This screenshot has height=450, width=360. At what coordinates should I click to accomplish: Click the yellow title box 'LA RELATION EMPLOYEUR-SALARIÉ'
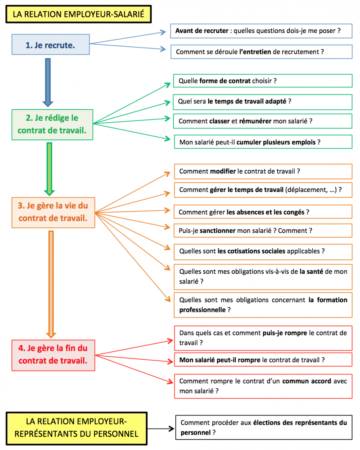coord(78,14)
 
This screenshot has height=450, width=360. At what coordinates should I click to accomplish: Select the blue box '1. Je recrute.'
coord(51,44)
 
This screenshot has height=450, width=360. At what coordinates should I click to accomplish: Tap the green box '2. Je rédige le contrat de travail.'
coord(52,124)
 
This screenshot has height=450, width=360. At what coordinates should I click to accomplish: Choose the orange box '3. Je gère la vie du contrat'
coord(53,212)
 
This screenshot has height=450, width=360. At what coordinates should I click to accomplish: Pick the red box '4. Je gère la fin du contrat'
coord(53,355)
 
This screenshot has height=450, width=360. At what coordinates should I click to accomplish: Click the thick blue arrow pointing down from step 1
coord(48,82)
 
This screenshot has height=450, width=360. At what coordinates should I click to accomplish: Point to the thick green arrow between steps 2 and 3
coord(49,169)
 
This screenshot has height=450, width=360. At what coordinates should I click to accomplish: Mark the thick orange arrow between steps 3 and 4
coord(51,284)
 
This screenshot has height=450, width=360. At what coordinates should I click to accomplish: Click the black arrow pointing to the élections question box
coord(160,429)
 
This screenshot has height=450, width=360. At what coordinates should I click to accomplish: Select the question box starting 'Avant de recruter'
coord(261,31)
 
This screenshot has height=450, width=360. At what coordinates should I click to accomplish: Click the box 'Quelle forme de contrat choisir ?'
coord(263,81)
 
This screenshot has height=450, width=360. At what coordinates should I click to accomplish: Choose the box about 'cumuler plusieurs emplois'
coord(263,142)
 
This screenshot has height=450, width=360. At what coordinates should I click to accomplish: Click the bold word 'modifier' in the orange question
coord(223,171)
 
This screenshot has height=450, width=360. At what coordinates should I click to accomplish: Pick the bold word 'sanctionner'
coord(218,230)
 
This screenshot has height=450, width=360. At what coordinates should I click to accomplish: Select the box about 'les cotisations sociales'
coord(263,252)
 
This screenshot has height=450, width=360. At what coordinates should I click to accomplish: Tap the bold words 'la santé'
coord(312,271)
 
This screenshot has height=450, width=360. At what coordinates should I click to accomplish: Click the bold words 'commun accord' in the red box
coord(306,381)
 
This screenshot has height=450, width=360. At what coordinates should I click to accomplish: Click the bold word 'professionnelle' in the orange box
coord(202,310)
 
